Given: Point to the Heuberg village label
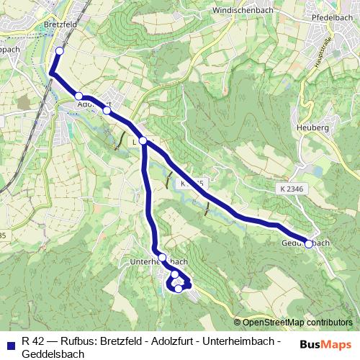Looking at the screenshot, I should pos(312,127).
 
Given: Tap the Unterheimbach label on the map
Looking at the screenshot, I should pos(161,261).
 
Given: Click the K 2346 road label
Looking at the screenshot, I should pos(289,188).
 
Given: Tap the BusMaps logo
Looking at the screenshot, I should pos(326,344).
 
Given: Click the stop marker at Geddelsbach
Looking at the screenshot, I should pos(309,244).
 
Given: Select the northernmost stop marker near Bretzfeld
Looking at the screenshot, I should pos(59,51).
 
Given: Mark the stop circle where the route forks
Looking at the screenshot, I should pos(143,140).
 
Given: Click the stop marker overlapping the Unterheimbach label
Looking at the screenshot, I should pos(162,257).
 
